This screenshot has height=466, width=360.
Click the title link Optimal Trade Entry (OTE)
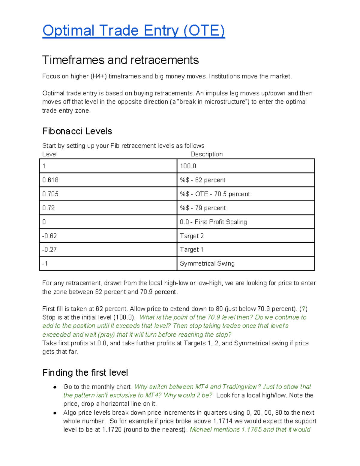pyautogui.click(x=133, y=31)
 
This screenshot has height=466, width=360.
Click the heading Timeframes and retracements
pyautogui.click(x=120, y=60)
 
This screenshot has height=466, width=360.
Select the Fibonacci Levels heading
pyautogui.click(x=77, y=131)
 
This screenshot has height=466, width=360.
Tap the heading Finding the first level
pyautogui.click(x=85, y=373)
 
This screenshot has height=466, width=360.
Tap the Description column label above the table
pyautogui.click(x=206, y=154)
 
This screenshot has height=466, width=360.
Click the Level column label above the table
pyautogui.click(x=50, y=154)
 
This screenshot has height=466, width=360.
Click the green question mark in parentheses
pyautogui.click(x=304, y=309)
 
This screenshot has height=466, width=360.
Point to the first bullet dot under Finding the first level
pyautogui.click(x=55, y=387)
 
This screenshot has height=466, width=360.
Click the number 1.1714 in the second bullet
pyautogui.click(x=222, y=421)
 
